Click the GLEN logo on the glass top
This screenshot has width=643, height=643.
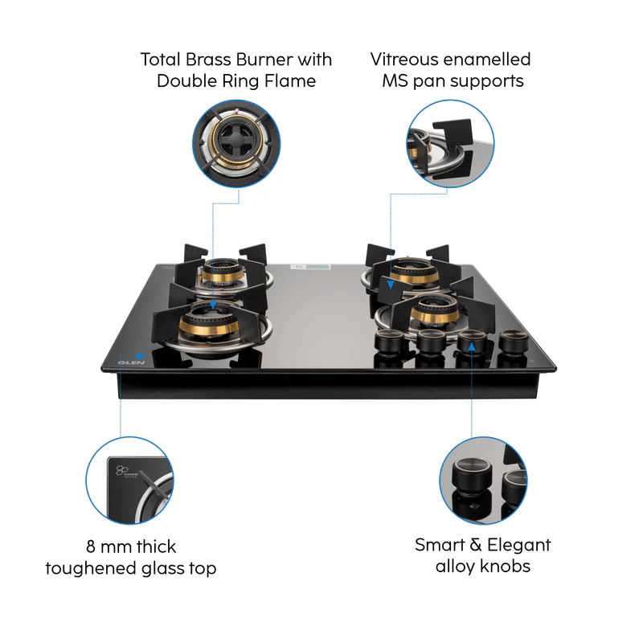click(x=131, y=362)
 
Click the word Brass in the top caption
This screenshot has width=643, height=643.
click(x=208, y=59)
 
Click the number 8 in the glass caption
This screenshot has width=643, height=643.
click(x=91, y=547)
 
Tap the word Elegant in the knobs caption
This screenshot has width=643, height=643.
click(x=518, y=545)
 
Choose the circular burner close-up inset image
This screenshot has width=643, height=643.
click(x=236, y=144)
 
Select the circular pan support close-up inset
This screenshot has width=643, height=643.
click(x=450, y=144)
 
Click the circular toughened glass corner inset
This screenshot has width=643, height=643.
click(x=129, y=480)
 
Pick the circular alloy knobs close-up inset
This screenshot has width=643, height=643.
click(x=483, y=480)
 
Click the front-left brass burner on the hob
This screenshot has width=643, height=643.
click(x=209, y=325)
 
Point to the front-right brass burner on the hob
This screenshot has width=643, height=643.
click(x=434, y=313)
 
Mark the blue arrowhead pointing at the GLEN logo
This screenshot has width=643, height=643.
click(x=140, y=356)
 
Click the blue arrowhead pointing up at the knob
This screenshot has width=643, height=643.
click(x=472, y=347)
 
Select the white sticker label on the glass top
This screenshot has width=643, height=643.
click(x=310, y=267)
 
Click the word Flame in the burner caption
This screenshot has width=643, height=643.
click(x=290, y=81)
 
